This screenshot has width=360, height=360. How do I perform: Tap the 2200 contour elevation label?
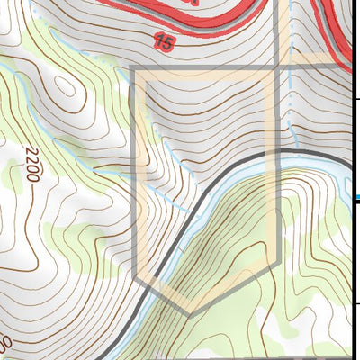pyautogui.click(x=33, y=164)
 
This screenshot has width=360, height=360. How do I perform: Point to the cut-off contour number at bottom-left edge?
pyautogui.click(x=6, y=345)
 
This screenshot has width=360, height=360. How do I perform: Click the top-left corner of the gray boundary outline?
pyautogui.click(x=132, y=67)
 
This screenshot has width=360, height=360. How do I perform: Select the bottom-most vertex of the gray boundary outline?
pyautogui.click(x=188, y=313)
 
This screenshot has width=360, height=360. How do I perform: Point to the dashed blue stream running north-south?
pyautogui.click(x=291, y=99)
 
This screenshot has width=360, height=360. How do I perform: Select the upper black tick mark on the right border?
pyautogui.click(x=356, y=98)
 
